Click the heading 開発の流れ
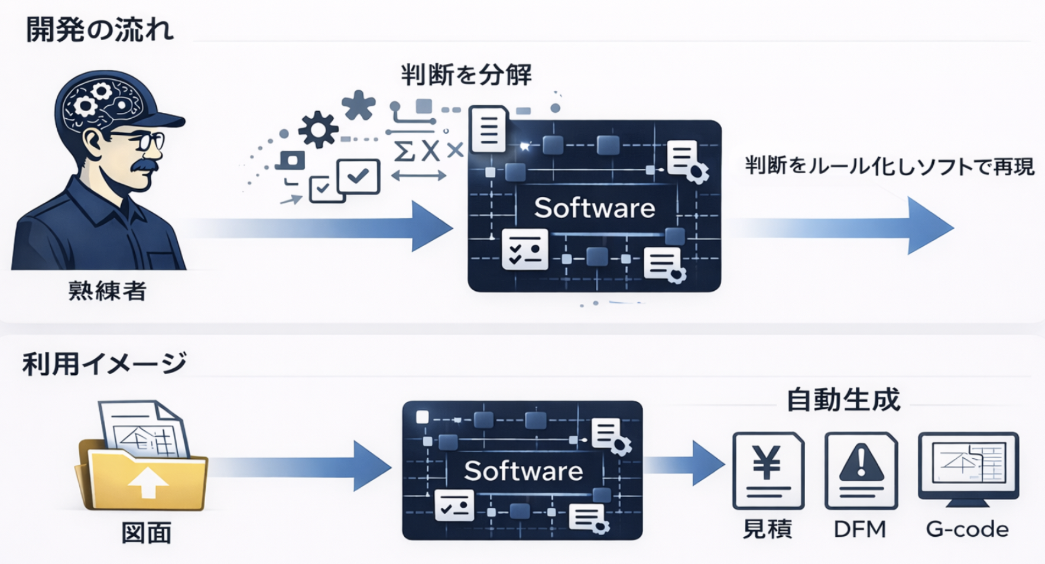pos(99,30)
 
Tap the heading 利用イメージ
pos(104,364)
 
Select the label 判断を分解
pos(466,75)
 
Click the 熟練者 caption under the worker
pos(107,291)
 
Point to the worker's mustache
pos(144,166)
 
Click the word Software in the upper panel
pos(595,208)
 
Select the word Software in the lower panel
pos(523,471)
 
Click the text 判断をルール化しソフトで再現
pos(890,166)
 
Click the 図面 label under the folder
pos(147,533)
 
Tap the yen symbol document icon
pos(768,470)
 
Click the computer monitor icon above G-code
pos(968,467)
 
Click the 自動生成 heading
pos(843,400)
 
